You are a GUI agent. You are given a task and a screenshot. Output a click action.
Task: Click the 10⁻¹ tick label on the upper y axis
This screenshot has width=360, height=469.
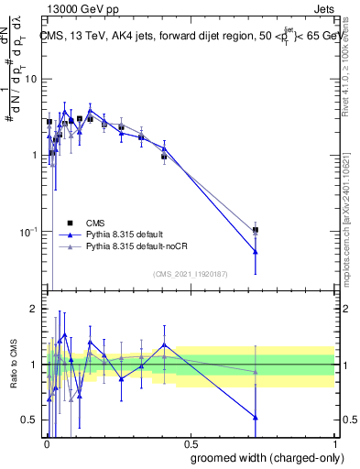click(x=27, y=232)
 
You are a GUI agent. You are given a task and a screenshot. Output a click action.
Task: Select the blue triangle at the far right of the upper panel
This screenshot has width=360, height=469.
click(x=255, y=252)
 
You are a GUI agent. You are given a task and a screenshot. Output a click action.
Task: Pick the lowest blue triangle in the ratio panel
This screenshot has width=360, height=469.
click(x=255, y=418)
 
